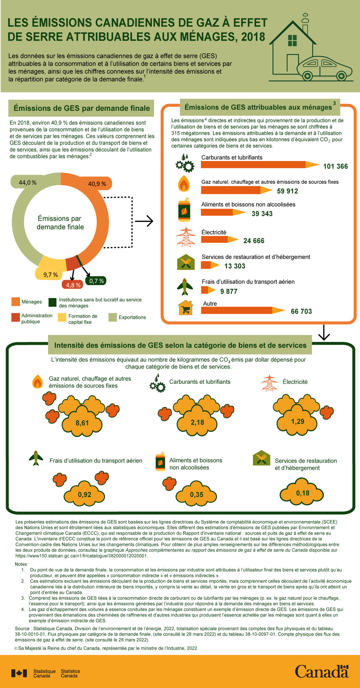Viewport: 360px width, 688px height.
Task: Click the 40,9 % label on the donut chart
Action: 97,184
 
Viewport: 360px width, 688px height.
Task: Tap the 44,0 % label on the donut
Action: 27,182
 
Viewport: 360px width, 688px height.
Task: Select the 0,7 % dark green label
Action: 96,281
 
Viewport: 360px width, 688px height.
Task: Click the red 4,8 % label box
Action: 73,285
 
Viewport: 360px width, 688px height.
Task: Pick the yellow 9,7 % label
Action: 51,275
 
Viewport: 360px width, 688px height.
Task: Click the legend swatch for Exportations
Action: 112,317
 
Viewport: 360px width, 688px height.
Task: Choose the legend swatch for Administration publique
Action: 15,317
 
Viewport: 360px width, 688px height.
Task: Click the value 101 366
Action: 335,166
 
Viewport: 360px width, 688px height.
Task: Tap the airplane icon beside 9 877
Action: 185,287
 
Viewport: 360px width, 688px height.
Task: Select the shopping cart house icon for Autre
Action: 186,308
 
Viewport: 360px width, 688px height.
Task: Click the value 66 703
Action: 301,312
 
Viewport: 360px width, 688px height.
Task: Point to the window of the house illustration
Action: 292,40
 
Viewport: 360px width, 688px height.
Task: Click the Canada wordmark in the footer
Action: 321,671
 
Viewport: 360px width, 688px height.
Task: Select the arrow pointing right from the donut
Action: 144,221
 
